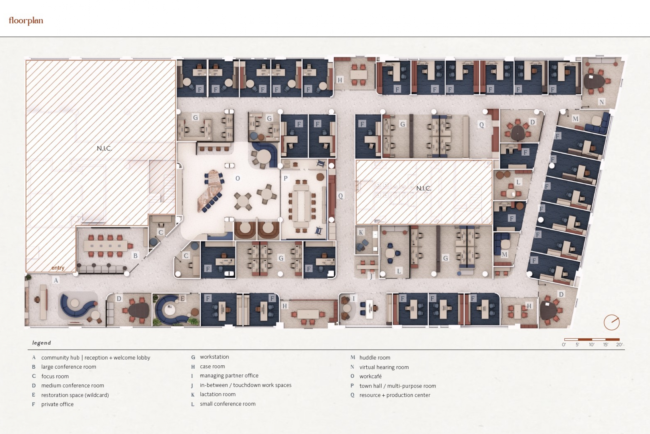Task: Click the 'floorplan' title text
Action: click(26, 21)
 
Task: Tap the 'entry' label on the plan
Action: click(57, 268)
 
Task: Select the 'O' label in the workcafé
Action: click(237, 178)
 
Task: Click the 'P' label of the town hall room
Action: click(285, 178)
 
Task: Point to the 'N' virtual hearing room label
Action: click(601, 102)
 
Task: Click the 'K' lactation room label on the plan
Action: click(361, 232)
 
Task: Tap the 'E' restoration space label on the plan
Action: click(182, 298)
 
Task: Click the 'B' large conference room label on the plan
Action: click(135, 256)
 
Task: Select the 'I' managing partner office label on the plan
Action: click(353, 298)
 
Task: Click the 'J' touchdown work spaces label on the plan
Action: click(371, 276)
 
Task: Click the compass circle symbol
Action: click(611, 322)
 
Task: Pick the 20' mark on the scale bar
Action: click(619, 345)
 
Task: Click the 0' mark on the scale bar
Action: click(564, 345)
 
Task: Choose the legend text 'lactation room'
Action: click(218, 394)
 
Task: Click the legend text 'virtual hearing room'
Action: click(384, 367)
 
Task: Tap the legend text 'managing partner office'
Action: click(229, 376)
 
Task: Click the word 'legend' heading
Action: click(41, 343)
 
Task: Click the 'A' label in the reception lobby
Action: click(56, 280)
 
